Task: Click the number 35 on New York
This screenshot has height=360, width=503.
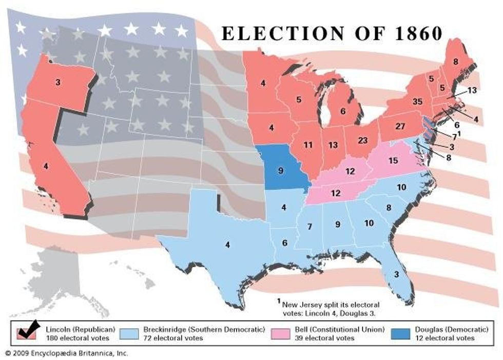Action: pos(417,102)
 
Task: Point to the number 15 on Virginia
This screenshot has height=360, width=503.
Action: pos(393,161)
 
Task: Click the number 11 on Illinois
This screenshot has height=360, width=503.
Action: pos(307,145)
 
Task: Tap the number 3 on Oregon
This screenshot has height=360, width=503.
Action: pos(58,82)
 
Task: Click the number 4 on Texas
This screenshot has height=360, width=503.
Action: pos(227,245)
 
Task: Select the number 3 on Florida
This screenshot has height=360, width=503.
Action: pos(396,274)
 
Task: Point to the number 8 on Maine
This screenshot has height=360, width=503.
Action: pos(455,62)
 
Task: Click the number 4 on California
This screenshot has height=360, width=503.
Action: pos(46,166)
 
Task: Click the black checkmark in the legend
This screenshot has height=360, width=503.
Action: pos(27,330)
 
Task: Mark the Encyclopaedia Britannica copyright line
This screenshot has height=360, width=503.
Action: pos(66,353)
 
